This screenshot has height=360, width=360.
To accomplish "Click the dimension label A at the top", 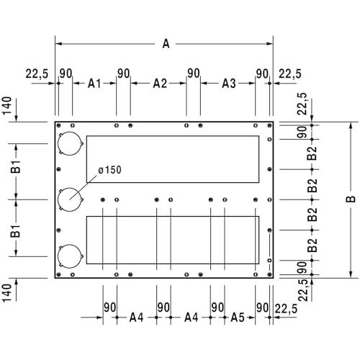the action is point(166,44).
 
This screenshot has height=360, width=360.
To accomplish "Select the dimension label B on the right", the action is point(351,199).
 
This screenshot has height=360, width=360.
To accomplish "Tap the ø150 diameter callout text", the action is point(110,170).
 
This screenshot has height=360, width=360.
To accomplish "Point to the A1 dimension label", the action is point(94,84).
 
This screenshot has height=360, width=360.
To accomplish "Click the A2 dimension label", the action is point(160,84).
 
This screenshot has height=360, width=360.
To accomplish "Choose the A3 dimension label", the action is point(229,84).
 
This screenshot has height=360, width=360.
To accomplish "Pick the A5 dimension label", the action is point(238,318).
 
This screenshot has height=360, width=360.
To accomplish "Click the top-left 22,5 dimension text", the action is point(37,73).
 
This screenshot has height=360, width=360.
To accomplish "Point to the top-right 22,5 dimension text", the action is point(290,73).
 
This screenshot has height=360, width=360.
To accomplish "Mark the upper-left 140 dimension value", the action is point(6,106).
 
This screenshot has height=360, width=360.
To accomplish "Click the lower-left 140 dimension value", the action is point(6,293).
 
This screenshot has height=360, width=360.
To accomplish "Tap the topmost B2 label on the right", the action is point(312,153).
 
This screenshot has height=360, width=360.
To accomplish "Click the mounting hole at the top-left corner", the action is point(58,125).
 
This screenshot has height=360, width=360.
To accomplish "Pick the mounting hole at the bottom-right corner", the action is point(269,274).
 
